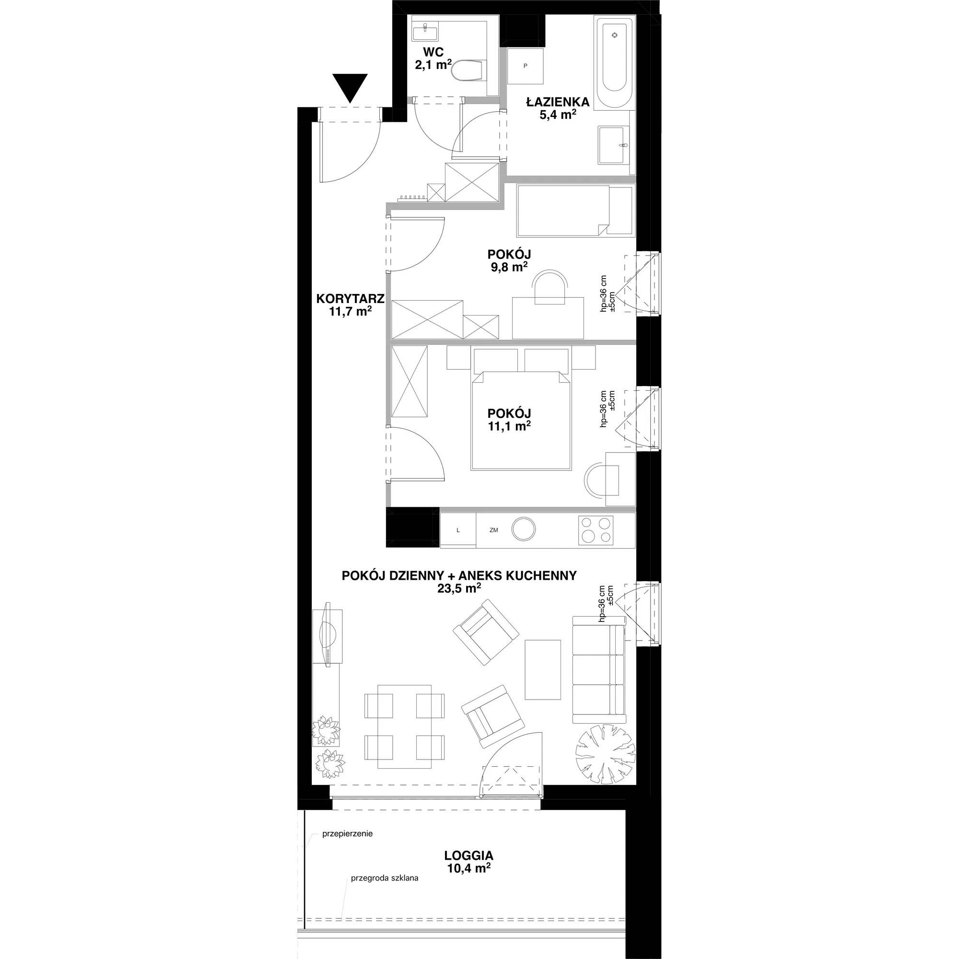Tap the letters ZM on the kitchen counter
493,530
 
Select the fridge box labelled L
458,530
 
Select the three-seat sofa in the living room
599,669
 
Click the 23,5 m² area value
459,588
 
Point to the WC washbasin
425,32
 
